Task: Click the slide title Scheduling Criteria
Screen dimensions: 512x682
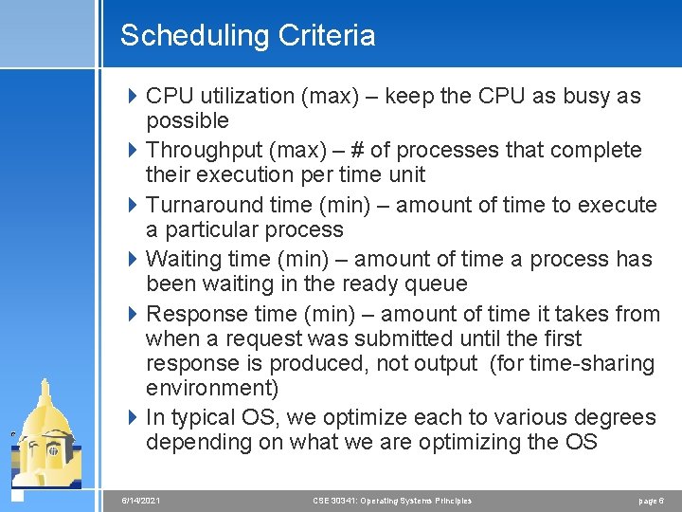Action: pyautogui.click(x=247, y=36)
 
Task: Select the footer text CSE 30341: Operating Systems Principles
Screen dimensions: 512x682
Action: pyautogui.click(x=392, y=501)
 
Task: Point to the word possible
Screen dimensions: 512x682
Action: pyautogui.click(x=187, y=121)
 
